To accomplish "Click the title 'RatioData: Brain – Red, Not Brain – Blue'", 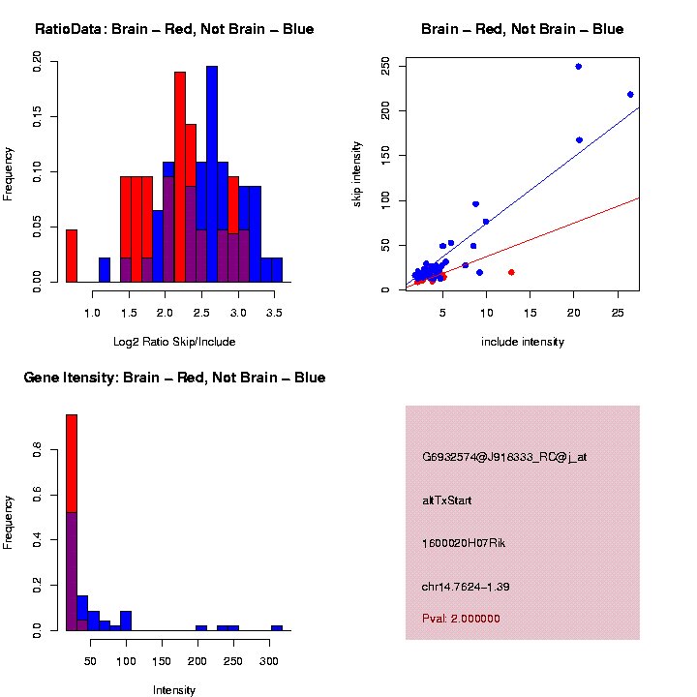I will coord(174,29).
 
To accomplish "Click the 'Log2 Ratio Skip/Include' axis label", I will coord(174,342).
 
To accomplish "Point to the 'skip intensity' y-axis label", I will coord(357,173).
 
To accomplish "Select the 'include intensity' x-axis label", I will coord(523,342).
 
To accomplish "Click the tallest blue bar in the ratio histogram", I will coord(212,174).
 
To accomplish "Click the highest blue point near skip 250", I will coord(578,67).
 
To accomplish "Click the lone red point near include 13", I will coord(511,272).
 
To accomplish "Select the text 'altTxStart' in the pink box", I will coord(447,500).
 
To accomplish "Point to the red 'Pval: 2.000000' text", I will coord(461,619).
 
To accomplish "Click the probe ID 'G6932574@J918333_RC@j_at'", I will coord(491,457).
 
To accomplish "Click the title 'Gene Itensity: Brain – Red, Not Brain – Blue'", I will coord(174,378).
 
